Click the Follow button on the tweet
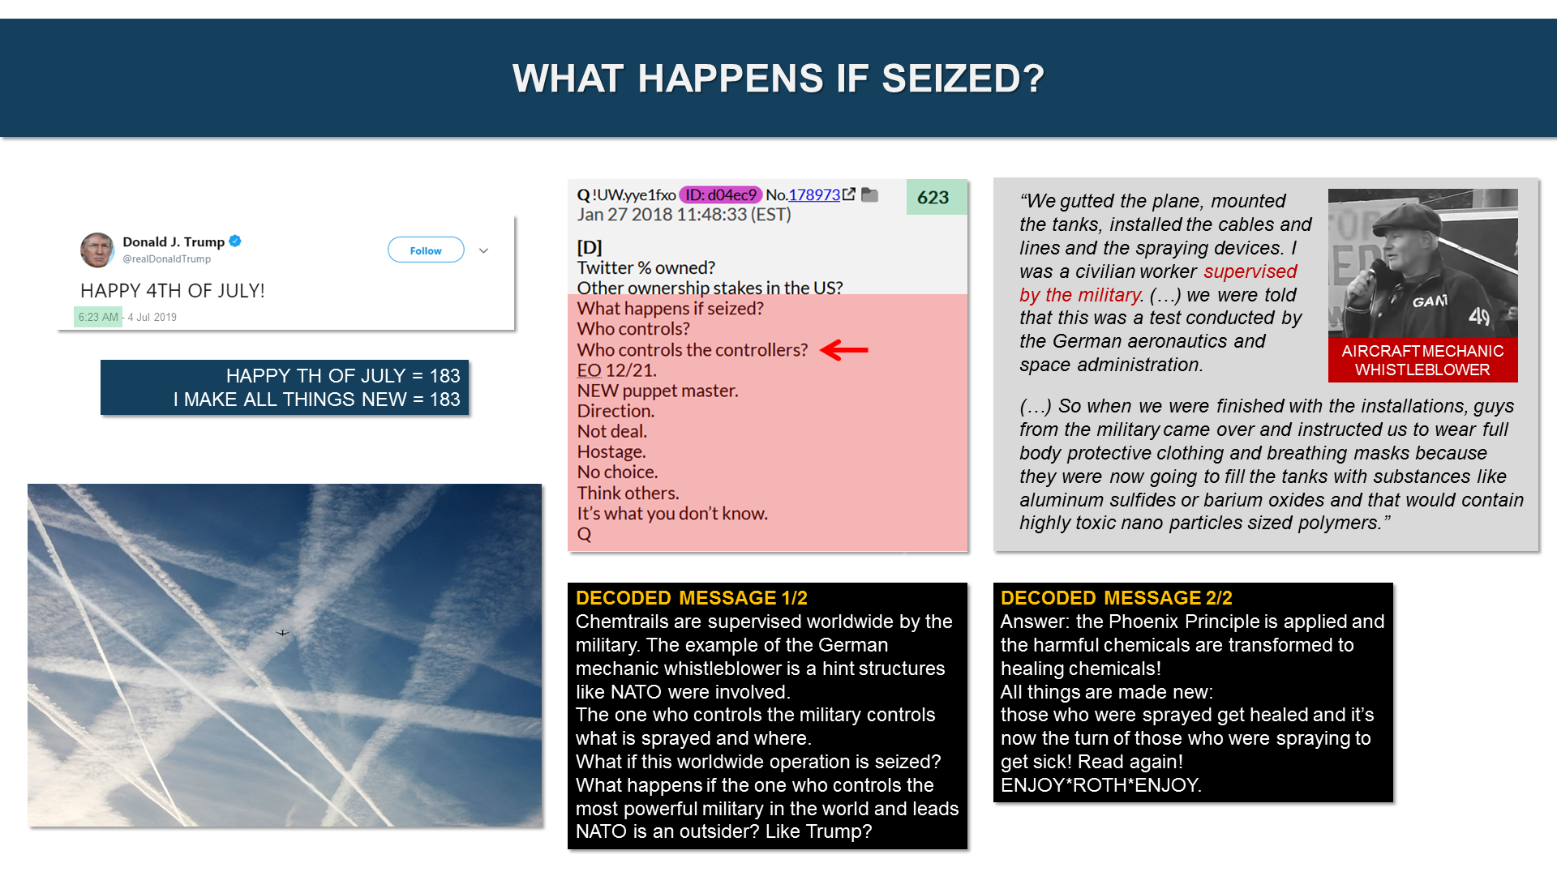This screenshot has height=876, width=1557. (x=426, y=250)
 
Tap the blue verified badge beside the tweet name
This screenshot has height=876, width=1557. (x=235, y=241)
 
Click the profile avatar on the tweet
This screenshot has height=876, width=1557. (x=97, y=250)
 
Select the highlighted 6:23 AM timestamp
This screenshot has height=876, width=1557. (x=98, y=317)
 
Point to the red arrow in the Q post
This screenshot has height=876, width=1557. (x=844, y=350)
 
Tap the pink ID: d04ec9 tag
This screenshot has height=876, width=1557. (x=720, y=194)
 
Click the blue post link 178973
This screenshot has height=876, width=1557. (x=814, y=194)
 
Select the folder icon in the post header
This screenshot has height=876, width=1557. (x=869, y=194)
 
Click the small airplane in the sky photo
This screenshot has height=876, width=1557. (x=282, y=633)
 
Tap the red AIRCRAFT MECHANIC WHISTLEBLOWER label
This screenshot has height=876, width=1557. (x=1422, y=360)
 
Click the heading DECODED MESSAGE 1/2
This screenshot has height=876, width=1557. (x=691, y=598)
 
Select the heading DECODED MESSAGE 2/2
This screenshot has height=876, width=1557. (x=1116, y=598)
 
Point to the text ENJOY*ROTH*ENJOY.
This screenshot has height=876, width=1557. (x=1100, y=785)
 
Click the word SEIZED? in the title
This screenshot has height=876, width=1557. (x=963, y=79)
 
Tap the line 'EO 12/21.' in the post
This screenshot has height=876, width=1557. (x=616, y=370)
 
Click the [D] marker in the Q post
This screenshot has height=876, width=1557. (x=590, y=247)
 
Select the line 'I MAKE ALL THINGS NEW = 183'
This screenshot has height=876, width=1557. (x=316, y=400)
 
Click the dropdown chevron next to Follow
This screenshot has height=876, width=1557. (x=484, y=250)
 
